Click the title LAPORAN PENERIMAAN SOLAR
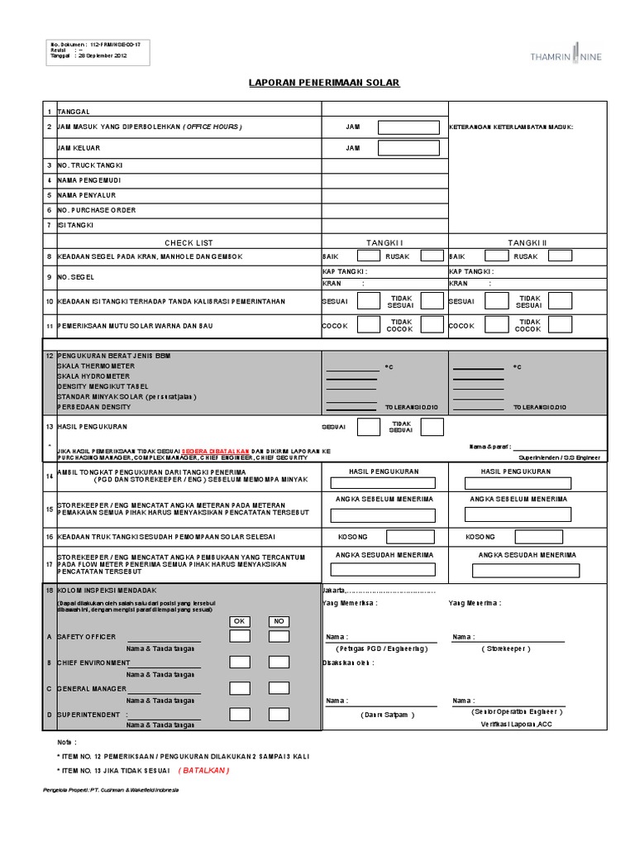[324, 84]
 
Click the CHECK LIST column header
[189, 242]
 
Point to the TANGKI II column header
[528, 242]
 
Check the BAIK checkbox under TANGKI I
[368, 256]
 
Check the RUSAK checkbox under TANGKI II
[560, 256]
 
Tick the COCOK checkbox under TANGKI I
[368, 325]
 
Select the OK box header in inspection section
[240, 621]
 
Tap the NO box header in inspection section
[279, 621]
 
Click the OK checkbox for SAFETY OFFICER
[240, 637]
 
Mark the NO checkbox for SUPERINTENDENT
[279, 714]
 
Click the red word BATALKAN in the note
[204, 769]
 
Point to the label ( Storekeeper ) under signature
[506, 650]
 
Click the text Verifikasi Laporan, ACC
[514, 725]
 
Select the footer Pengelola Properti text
[111, 790]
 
